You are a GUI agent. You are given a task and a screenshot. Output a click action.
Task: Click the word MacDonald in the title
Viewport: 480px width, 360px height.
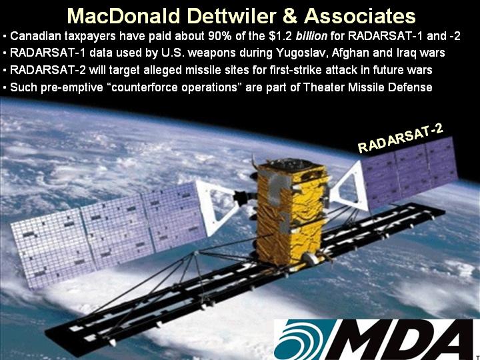point(124,16)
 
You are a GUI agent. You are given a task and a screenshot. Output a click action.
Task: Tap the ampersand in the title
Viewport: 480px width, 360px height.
point(289,16)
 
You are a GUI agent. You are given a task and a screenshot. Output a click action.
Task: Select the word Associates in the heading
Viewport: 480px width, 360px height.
point(360,16)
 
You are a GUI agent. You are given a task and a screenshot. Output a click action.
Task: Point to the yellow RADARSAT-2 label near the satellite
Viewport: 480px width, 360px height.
point(401,139)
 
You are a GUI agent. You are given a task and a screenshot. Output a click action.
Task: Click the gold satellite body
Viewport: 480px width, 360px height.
point(290,214)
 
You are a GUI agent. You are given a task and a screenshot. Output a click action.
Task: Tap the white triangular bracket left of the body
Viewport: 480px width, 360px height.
point(217,207)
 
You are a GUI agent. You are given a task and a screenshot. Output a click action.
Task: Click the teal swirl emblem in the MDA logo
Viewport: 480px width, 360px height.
point(299,340)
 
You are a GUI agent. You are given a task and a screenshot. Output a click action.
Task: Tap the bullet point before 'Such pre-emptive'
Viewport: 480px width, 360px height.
point(5,88)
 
